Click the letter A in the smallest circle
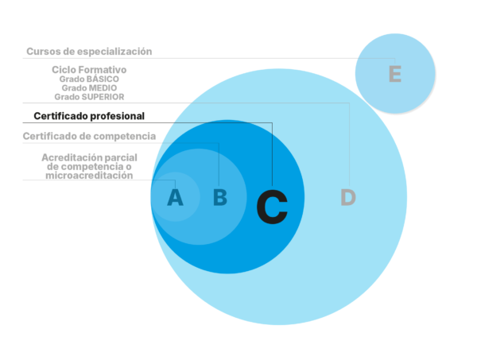coord(175,196)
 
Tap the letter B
coord(220,197)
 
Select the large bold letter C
coord(272,207)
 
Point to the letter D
coord(347,198)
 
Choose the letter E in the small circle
coord(394,75)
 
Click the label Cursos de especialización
coord(89,51)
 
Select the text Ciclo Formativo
coord(89,70)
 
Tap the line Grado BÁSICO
coord(89,79)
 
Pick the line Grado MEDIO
coord(89,87)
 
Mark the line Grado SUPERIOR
coord(89,96)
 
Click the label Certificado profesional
coord(89,116)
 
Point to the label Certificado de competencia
coord(89,137)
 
